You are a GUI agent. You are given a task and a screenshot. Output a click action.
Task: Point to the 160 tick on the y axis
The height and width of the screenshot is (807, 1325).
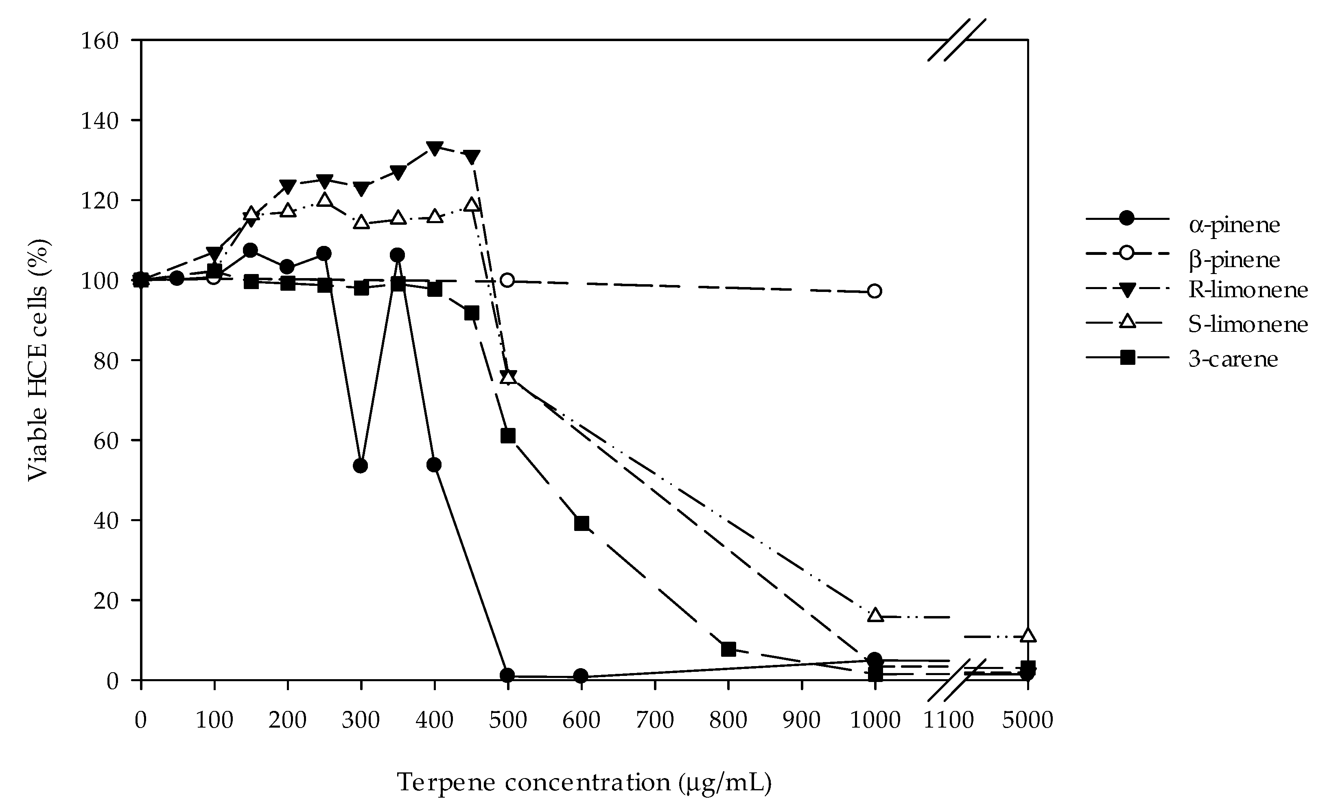pos(100,41)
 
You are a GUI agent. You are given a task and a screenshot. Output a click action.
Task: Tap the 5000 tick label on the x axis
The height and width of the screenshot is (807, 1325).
pos(1027,720)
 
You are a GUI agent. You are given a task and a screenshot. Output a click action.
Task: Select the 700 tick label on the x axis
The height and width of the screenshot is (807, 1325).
pos(655,720)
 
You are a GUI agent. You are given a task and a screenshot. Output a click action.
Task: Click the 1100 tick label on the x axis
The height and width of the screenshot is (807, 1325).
pos(949,720)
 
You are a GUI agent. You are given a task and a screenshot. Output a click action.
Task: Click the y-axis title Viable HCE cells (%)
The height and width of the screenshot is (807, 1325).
pos(39,360)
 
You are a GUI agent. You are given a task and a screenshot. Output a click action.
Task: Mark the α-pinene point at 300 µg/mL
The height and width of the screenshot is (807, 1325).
pos(361,466)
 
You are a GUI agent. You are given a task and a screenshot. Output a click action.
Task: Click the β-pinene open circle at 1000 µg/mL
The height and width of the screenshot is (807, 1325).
pos(875,292)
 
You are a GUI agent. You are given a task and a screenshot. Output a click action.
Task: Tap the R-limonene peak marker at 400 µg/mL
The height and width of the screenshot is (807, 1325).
pos(435,148)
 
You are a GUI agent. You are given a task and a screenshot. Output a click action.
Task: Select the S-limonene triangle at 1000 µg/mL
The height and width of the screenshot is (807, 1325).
pos(875,615)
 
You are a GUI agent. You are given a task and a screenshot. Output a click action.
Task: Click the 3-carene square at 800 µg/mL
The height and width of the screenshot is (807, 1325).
pos(728,649)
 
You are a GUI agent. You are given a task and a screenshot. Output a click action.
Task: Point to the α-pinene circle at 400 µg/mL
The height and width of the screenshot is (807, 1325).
pos(435,465)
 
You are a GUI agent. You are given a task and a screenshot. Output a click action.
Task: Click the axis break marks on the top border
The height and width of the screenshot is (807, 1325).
pos(957,40)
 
